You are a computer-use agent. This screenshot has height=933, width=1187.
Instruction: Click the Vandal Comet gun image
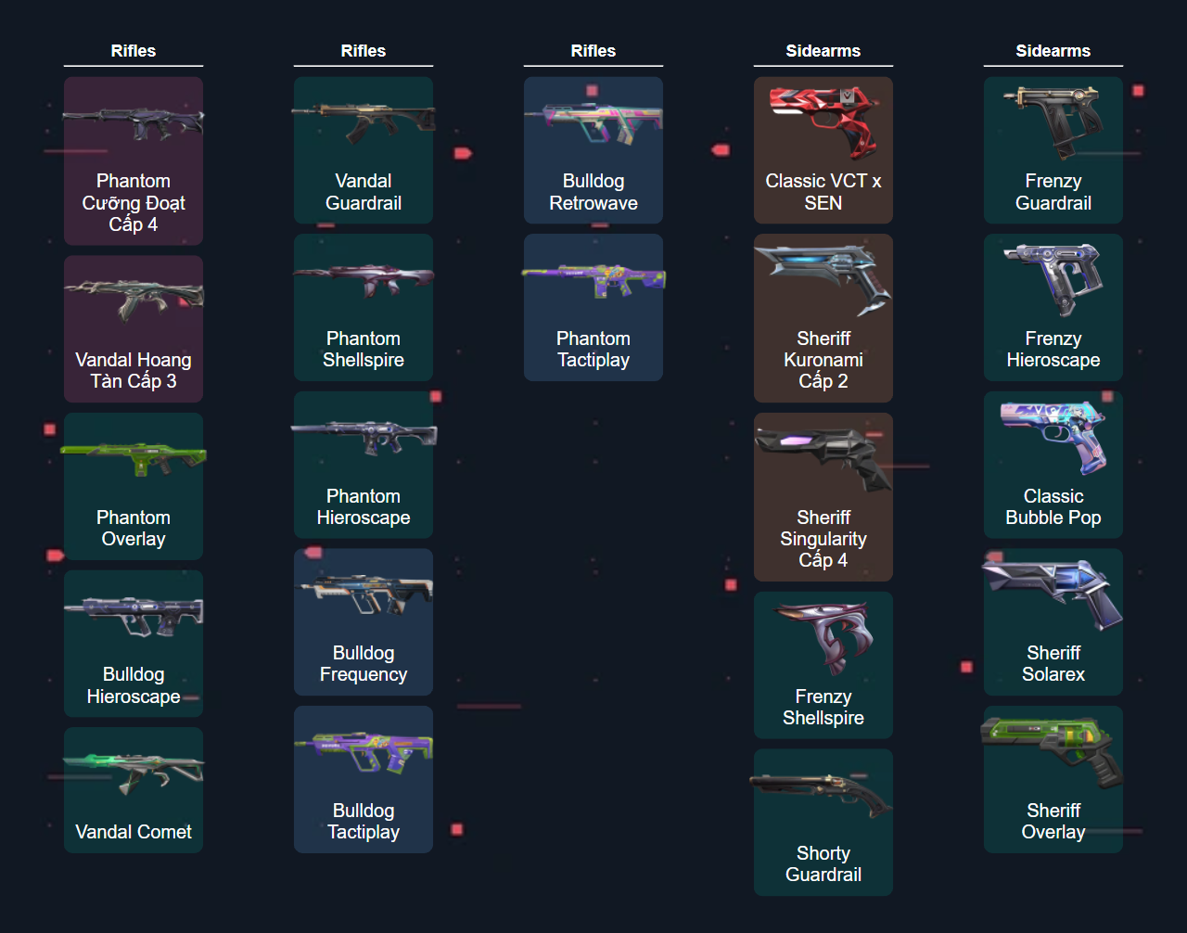tap(134, 770)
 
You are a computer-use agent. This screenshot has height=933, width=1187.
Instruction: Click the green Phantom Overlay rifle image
tap(134, 457)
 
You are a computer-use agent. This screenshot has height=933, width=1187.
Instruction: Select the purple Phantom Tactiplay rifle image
tap(593, 278)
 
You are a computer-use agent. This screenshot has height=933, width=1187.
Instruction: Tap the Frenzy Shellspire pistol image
tap(823, 635)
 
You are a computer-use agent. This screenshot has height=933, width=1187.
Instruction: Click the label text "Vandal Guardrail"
tap(364, 192)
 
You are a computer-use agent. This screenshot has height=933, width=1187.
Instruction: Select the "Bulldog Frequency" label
tap(364, 664)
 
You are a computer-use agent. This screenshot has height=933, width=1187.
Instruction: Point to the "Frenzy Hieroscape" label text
tap(1053, 350)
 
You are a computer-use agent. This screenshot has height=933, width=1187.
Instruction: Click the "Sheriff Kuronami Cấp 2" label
tap(823, 360)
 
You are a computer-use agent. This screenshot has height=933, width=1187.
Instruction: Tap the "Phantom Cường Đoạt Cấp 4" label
tap(134, 203)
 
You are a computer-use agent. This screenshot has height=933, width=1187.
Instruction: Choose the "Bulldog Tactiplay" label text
tap(364, 822)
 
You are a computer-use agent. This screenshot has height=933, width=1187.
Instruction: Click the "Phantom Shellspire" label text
tap(364, 350)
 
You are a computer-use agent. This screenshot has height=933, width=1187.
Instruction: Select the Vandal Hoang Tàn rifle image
tap(134, 297)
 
